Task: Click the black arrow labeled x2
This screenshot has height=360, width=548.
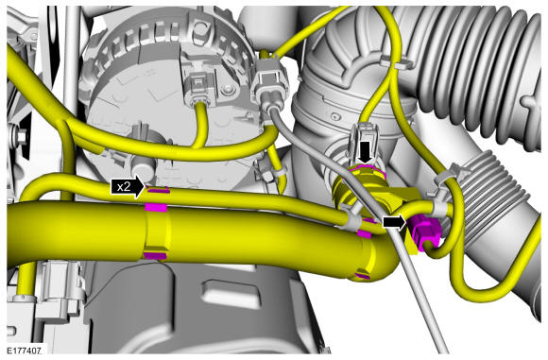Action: (x=128, y=187)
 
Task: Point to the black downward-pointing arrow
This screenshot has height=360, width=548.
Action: (x=367, y=152)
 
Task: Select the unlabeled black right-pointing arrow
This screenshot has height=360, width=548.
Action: (x=395, y=222)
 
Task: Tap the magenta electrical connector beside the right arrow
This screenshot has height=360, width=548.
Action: (x=424, y=232)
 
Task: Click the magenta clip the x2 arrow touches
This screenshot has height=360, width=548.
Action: (x=159, y=191)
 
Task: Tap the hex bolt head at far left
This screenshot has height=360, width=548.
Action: (x=21, y=136)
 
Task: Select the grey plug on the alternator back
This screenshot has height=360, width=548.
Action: (x=198, y=88)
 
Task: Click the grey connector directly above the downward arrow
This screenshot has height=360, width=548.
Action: (x=366, y=137)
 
